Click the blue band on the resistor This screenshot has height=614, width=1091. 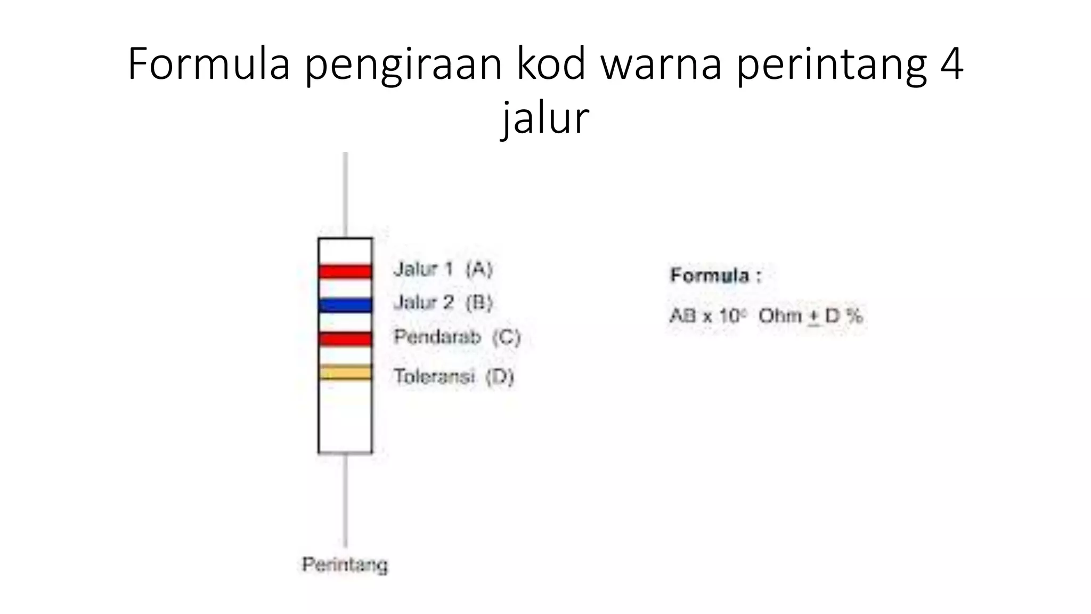(x=345, y=305)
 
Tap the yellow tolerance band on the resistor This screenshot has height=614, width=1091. (x=345, y=372)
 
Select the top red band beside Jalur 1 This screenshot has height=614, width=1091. (x=345, y=271)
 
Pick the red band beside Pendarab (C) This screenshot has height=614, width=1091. (x=345, y=339)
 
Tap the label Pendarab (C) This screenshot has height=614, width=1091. (x=457, y=337)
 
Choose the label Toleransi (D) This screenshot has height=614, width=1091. (x=453, y=376)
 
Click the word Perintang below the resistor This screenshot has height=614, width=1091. (x=345, y=564)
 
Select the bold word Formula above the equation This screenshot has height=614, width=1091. (x=710, y=276)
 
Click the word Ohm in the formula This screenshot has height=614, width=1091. (x=780, y=316)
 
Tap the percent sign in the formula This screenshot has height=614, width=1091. (x=853, y=316)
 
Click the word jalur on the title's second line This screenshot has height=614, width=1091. (x=545, y=118)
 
